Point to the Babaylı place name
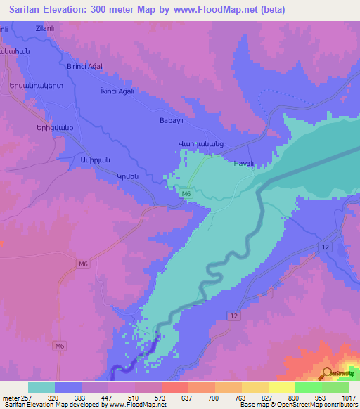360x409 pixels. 172,120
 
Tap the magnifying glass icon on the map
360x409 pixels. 327,375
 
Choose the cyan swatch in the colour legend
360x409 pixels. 41,387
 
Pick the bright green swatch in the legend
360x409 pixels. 308,387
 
